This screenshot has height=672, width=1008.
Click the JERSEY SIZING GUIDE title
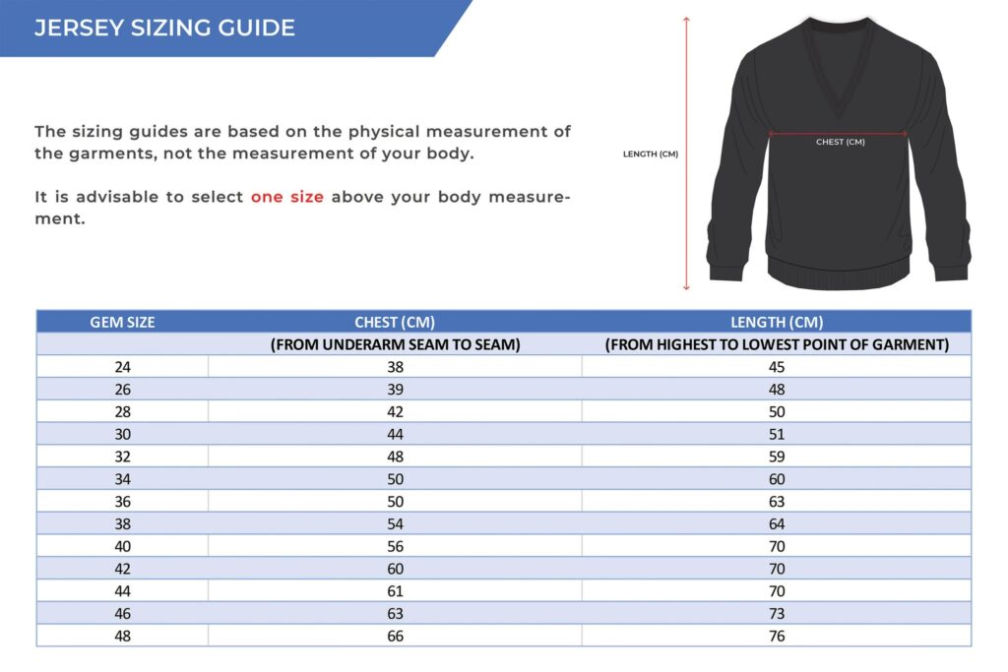164,28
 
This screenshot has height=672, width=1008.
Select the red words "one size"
286,197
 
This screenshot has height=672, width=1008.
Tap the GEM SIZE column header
122,322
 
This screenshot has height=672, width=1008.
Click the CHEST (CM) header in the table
395,322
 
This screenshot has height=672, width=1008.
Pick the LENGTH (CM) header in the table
777,322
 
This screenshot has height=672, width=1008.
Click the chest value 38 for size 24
395,367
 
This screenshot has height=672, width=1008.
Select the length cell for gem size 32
777,457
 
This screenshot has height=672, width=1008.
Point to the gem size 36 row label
122,502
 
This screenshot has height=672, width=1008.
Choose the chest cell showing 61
395,591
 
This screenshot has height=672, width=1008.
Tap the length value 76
777,637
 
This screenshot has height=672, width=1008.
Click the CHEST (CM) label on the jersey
840,143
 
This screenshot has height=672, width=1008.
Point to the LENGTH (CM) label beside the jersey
651,153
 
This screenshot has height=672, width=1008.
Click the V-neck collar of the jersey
840,69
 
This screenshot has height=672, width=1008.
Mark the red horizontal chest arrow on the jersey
840,133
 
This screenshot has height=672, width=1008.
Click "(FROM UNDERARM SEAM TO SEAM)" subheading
395,344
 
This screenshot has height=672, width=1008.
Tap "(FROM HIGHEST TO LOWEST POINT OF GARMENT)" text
777,344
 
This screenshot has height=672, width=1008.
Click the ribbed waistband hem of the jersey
840,272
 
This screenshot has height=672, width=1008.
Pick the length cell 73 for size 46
777,614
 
